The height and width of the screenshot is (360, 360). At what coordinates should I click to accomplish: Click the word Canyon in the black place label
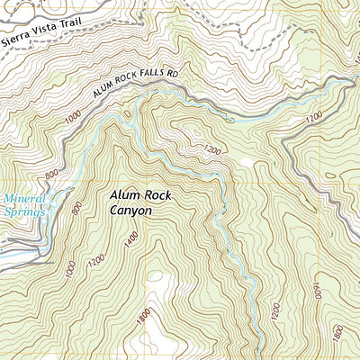[x=130, y=211]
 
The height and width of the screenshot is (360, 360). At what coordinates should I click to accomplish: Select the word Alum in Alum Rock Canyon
[x=125, y=194]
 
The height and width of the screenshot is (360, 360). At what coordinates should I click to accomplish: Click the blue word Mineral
[x=22, y=200]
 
